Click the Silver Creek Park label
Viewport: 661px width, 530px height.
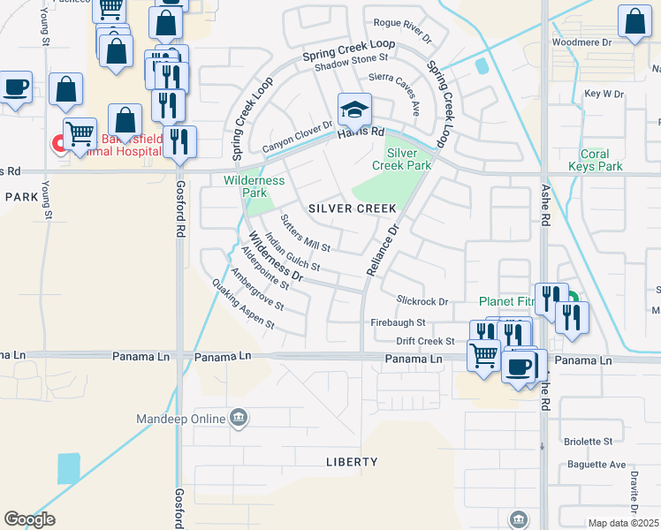click(x=408, y=159)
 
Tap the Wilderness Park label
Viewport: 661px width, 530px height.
click(x=255, y=186)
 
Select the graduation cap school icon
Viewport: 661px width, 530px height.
click(x=354, y=110)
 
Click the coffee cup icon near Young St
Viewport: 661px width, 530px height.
click(x=16, y=88)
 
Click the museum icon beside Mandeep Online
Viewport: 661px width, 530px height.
click(x=239, y=417)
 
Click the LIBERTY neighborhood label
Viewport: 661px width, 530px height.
click(x=352, y=462)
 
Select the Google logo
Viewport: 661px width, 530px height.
click(x=29, y=519)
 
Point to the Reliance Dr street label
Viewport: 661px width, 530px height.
click(x=383, y=248)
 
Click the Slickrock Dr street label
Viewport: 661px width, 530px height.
click(x=422, y=301)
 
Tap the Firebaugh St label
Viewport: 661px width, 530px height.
click(x=398, y=322)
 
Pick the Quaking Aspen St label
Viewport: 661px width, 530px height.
click(x=243, y=304)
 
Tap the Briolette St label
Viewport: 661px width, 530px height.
click(x=588, y=441)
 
